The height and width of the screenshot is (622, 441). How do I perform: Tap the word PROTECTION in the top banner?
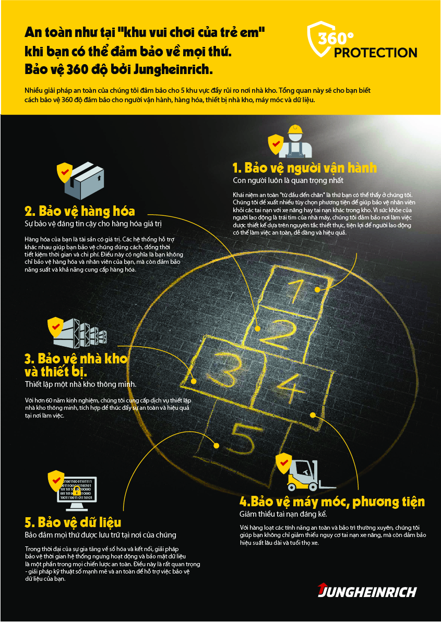point(376,53)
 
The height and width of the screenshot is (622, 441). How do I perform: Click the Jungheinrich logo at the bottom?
point(367,591)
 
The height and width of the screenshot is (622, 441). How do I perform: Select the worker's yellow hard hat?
point(294,130)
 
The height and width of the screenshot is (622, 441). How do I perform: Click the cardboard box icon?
point(85,181)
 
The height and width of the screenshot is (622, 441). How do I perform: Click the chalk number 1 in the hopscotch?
point(296,291)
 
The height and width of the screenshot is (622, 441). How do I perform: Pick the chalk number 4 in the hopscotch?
point(292,388)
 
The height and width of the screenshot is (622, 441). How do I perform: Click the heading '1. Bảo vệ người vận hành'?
point(304,168)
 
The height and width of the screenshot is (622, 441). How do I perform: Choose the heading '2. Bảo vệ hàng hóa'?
point(80,211)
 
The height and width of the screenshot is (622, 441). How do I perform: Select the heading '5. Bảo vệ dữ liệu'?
point(73,522)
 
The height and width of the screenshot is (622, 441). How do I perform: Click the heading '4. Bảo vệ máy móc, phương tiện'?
point(332,502)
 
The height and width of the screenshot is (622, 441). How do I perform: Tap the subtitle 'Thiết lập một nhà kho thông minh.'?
point(80,384)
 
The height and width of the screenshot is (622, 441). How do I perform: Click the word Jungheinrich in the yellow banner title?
point(173,69)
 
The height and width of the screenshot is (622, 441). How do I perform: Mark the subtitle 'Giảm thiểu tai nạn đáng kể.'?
point(283,514)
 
